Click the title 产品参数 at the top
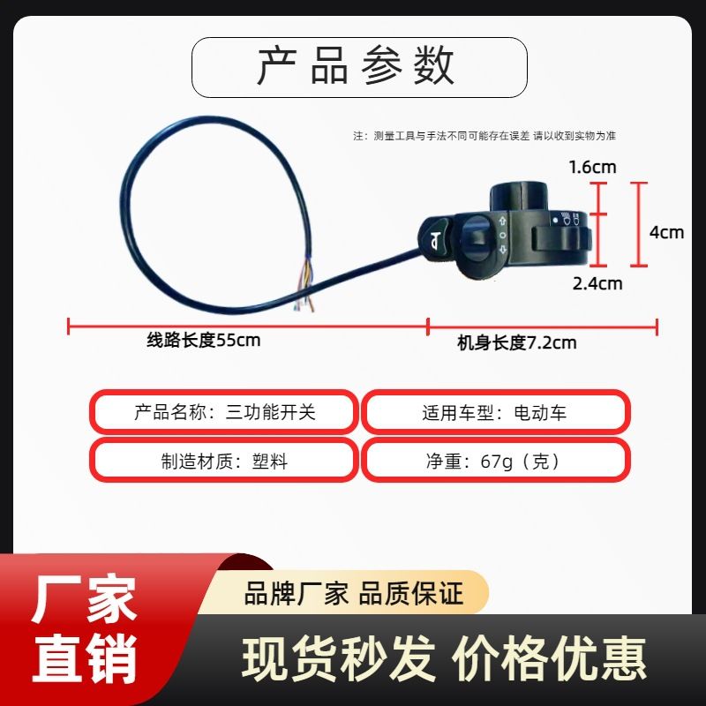pos(356,66)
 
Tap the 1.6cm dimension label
pos(592,168)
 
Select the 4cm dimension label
pos(666,232)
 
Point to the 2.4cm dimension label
pos(597,283)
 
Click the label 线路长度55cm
pos(204,340)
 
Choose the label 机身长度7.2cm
pos(516,343)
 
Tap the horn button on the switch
pos(434,238)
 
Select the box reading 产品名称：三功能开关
pos(224,412)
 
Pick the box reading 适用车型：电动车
pos(495,412)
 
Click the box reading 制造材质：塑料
pos(224,461)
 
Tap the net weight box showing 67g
pos(495,461)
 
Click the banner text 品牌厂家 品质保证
pos(354,593)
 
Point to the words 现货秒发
pos(339,658)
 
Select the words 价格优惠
pos(549,658)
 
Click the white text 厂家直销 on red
pos(84,628)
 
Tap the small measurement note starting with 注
pos(484,136)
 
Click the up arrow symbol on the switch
pos(503,222)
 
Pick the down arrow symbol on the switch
pos(503,249)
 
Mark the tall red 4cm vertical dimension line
pos(638,224)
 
